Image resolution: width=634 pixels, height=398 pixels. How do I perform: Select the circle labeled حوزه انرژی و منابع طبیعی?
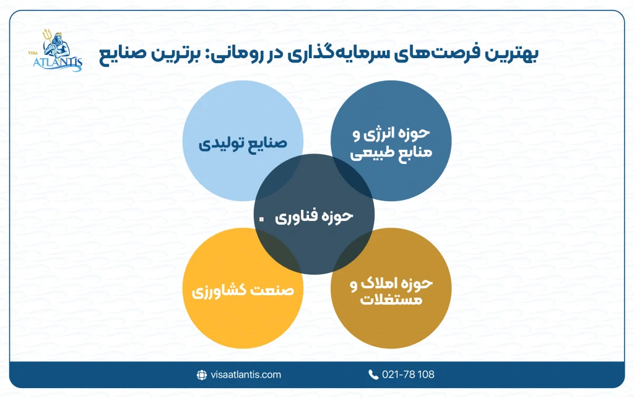tap(388, 144)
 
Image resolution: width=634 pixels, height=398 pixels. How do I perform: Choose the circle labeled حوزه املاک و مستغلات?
tap(388, 291)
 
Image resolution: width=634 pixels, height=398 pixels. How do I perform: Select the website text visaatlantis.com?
tap(245, 374)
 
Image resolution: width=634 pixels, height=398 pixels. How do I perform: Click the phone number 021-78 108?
tap(409, 374)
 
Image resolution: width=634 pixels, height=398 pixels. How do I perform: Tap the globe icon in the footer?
tap(201, 374)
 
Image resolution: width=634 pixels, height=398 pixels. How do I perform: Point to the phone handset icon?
tap(373, 374)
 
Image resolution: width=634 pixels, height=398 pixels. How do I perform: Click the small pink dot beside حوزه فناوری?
tap(261, 218)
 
